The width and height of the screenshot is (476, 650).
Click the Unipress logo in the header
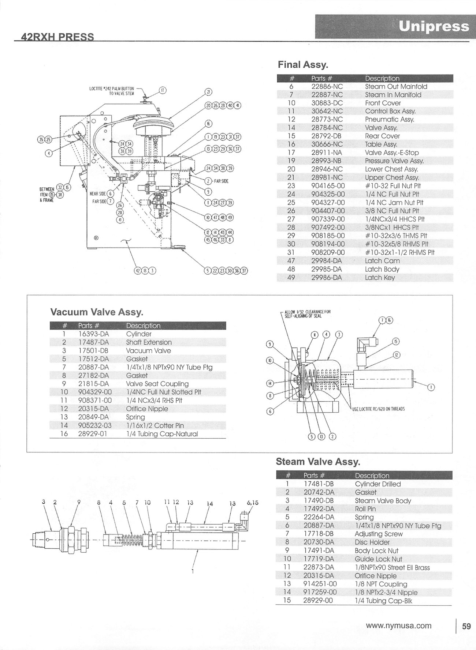434,26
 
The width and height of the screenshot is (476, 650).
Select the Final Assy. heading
303,65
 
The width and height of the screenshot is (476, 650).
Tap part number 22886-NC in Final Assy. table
327,87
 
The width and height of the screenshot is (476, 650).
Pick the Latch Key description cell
380,278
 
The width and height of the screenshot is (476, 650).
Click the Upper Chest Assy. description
392,177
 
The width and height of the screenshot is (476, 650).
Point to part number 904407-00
328,211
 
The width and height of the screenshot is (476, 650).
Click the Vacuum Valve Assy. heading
96,312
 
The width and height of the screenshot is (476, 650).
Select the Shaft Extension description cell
149,342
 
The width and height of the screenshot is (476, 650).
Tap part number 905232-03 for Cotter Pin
95,425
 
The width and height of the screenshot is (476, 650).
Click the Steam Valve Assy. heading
318,462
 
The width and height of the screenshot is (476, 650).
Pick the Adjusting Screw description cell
379,534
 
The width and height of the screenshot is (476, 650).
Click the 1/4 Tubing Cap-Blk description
386,601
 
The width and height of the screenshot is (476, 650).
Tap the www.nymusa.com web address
398,626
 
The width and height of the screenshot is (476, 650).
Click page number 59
466,626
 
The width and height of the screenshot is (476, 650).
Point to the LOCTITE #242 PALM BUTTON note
112,91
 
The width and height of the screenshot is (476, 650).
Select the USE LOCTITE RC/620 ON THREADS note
378,409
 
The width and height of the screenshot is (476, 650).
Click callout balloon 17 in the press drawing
162,90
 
